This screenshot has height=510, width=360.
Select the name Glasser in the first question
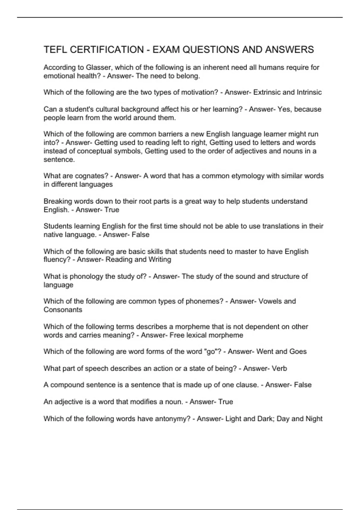point(98,67)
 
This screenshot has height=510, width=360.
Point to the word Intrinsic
point(309,92)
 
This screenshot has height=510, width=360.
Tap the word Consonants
point(63,310)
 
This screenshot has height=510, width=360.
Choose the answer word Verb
point(279,368)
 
